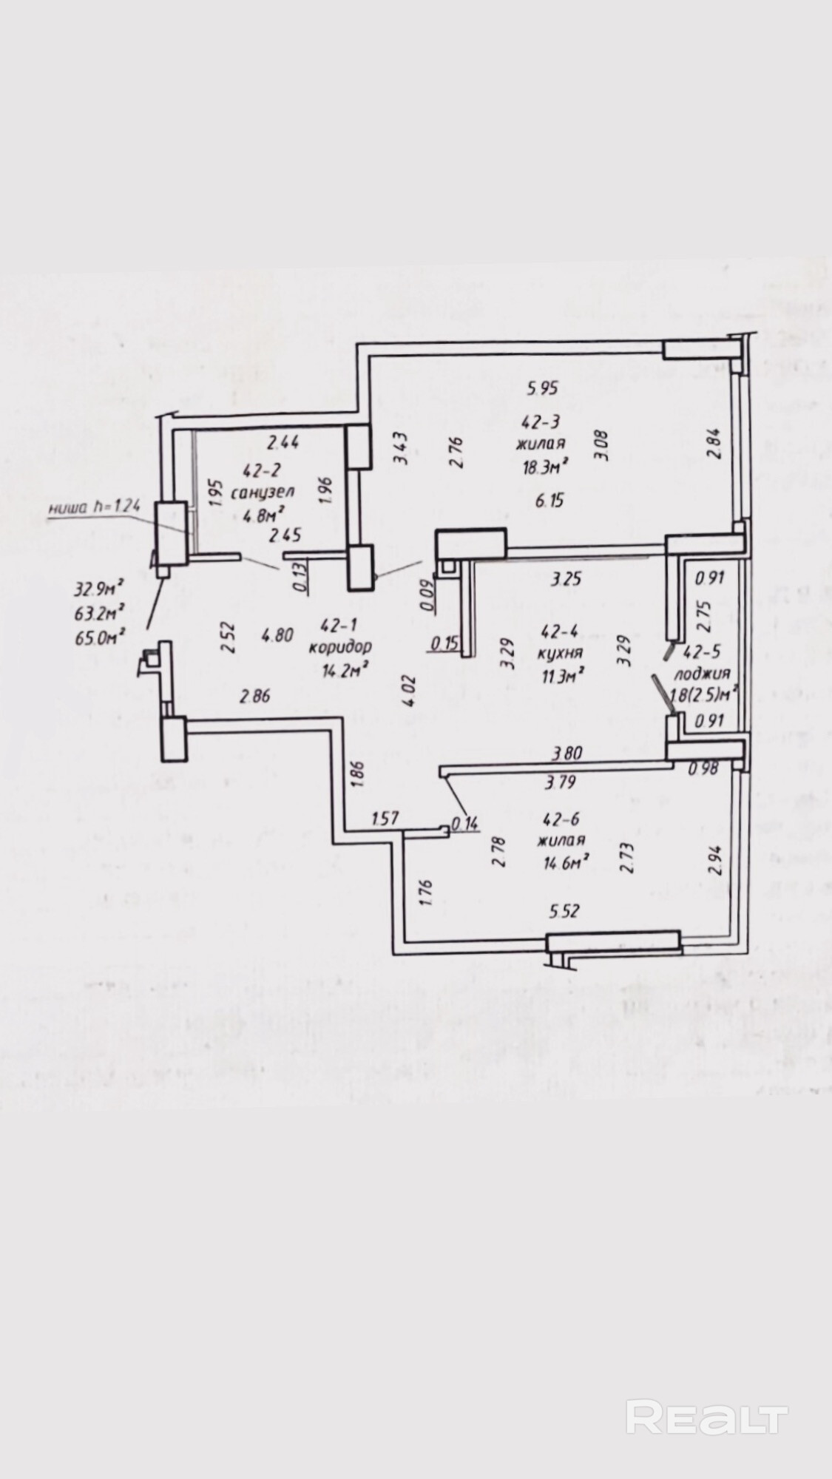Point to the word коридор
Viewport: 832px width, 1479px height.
[x=340, y=646]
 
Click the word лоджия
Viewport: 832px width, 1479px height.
[x=703, y=673]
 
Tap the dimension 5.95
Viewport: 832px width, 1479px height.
[x=541, y=387]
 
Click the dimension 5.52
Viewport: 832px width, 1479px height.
[x=564, y=912]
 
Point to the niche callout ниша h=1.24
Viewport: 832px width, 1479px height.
[x=94, y=508]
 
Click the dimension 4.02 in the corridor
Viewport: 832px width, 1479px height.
[x=409, y=689]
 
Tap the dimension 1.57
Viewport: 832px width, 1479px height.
[x=385, y=818]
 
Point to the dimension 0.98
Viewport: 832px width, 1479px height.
[x=703, y=769]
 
